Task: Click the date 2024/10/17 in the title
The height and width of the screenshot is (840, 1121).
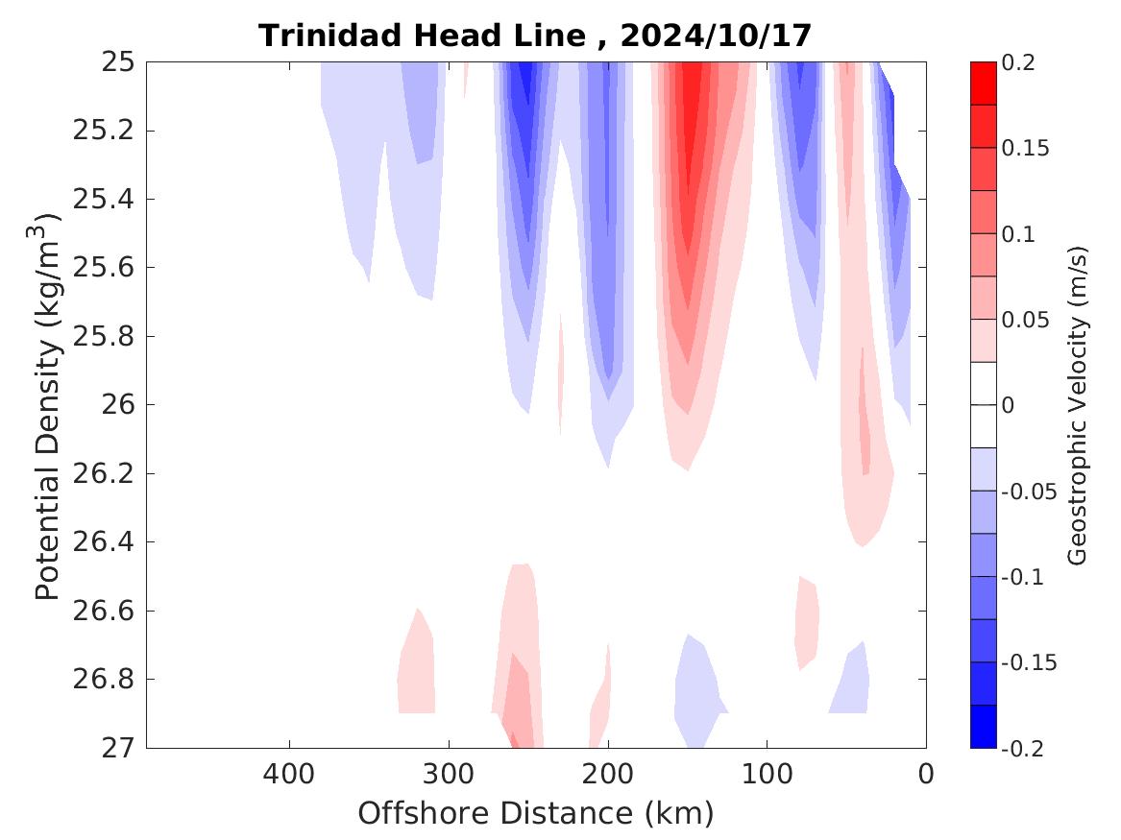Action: pyautogui.click(x=716, y=36)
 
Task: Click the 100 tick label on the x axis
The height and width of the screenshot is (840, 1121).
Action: pyautogui.click(x=767, y=774)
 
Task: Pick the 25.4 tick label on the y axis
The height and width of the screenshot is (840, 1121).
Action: pyautogui.click(x=102, y=200)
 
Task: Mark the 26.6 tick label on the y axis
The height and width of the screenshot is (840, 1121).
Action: pyautogui.click(x=102, y=611)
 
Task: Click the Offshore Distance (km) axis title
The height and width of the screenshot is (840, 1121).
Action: pyautogui.click(x=535, y=814)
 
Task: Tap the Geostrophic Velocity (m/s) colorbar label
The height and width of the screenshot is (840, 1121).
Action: pyautogui.click(x=1077, y=405)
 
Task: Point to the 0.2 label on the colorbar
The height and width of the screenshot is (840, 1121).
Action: pyautogui.click(x=1021, y=62)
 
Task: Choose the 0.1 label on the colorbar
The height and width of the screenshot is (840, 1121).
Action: pyautogui.click(x=1021, y=234)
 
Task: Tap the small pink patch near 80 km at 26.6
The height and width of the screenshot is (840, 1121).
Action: pyautogui.click(x=807, y=619)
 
